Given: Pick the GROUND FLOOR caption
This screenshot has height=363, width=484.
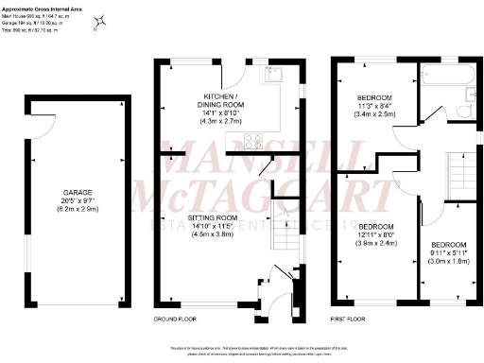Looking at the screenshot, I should tap(177, 319).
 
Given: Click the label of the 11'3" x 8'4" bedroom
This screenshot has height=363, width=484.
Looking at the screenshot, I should tap(374, 98).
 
